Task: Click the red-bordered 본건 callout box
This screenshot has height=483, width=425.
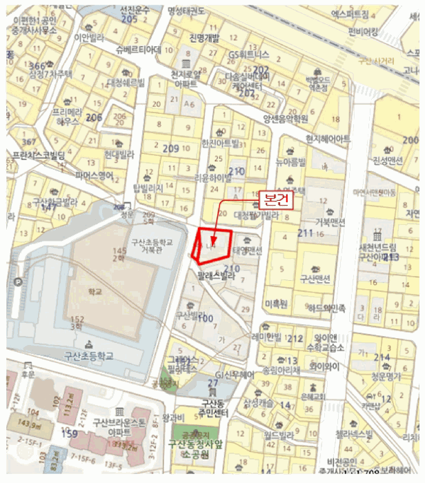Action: pyautogui.click(x=275, y=199)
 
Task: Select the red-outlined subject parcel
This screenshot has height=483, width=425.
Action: pyautogui.click(x=211, y=245)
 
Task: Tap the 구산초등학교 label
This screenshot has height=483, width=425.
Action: pyautogui.click(x=87, y=356)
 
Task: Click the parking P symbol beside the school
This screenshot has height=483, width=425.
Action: pyautogui.click(x=17, y=282)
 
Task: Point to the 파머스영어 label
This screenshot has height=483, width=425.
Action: pyautogui.click(x=94, y=176)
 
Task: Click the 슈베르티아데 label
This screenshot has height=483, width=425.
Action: pyautogui.click(x=139, y=50)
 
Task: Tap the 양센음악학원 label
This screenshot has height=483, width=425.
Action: pyautogui.click(x=285, y=119)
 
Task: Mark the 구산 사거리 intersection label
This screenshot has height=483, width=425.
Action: pyautogui.click(x=379, y=60)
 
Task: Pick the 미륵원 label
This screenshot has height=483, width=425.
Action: pyautogui.click(x=275, y=303)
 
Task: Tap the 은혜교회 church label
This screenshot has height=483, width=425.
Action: pyautogui.click(x=313, y=397)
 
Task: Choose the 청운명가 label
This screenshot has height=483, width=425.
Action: pyautogui.click(x=385, y=377)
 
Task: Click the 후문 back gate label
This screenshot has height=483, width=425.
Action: pyautogui.click(x=28, y=373)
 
